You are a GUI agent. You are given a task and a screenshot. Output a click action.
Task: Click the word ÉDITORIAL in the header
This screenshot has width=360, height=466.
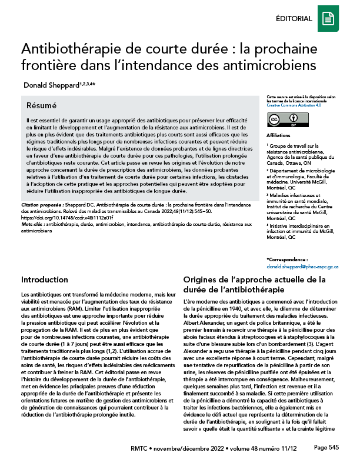294,19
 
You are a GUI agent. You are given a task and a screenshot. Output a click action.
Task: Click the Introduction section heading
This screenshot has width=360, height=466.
45,279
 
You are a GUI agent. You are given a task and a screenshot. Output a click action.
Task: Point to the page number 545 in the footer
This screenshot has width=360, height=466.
334,448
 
